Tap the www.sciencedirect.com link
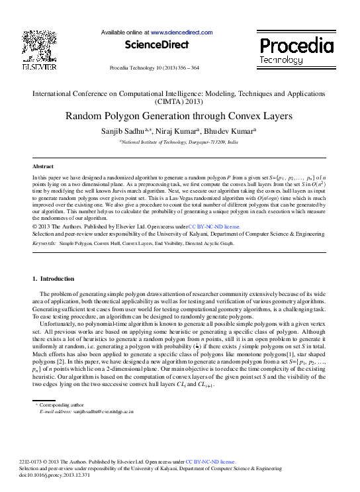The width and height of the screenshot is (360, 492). (x=181, y=32)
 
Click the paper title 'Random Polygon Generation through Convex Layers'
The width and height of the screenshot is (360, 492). (x=179, y=116)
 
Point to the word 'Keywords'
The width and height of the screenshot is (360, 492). (x=44, y=243)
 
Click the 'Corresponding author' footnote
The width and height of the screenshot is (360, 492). (x=63, y=404)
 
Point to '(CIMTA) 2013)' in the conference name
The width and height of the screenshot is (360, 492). (x=179, y=103)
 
